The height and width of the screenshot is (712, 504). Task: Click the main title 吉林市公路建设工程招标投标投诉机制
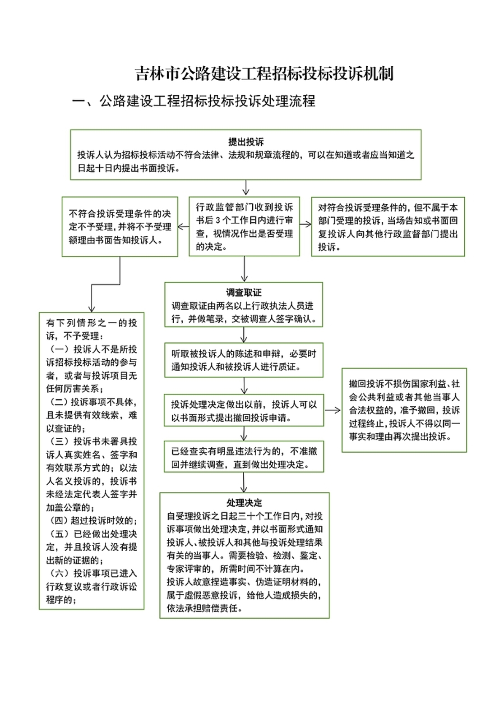264,73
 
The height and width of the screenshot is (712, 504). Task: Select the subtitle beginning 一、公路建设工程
194,101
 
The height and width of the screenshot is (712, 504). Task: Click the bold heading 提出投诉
246,142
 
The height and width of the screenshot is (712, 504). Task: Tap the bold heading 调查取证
244,293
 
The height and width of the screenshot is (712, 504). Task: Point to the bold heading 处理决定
244,502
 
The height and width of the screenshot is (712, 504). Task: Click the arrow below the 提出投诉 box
246,188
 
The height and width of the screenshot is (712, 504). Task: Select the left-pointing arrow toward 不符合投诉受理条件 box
183,227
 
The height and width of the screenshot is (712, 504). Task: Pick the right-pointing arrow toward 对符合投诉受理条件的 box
305,225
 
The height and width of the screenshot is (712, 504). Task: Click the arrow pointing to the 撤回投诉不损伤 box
333,410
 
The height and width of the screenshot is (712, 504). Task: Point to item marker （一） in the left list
60,349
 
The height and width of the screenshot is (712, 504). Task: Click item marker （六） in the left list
60,573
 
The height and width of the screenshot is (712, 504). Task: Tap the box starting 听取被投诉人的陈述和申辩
244,360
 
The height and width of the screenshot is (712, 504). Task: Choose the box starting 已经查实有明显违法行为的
244,456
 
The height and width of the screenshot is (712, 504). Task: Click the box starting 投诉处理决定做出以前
244,410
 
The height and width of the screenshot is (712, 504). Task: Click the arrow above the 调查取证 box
244,269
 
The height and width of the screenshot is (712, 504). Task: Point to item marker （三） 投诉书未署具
60,441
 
